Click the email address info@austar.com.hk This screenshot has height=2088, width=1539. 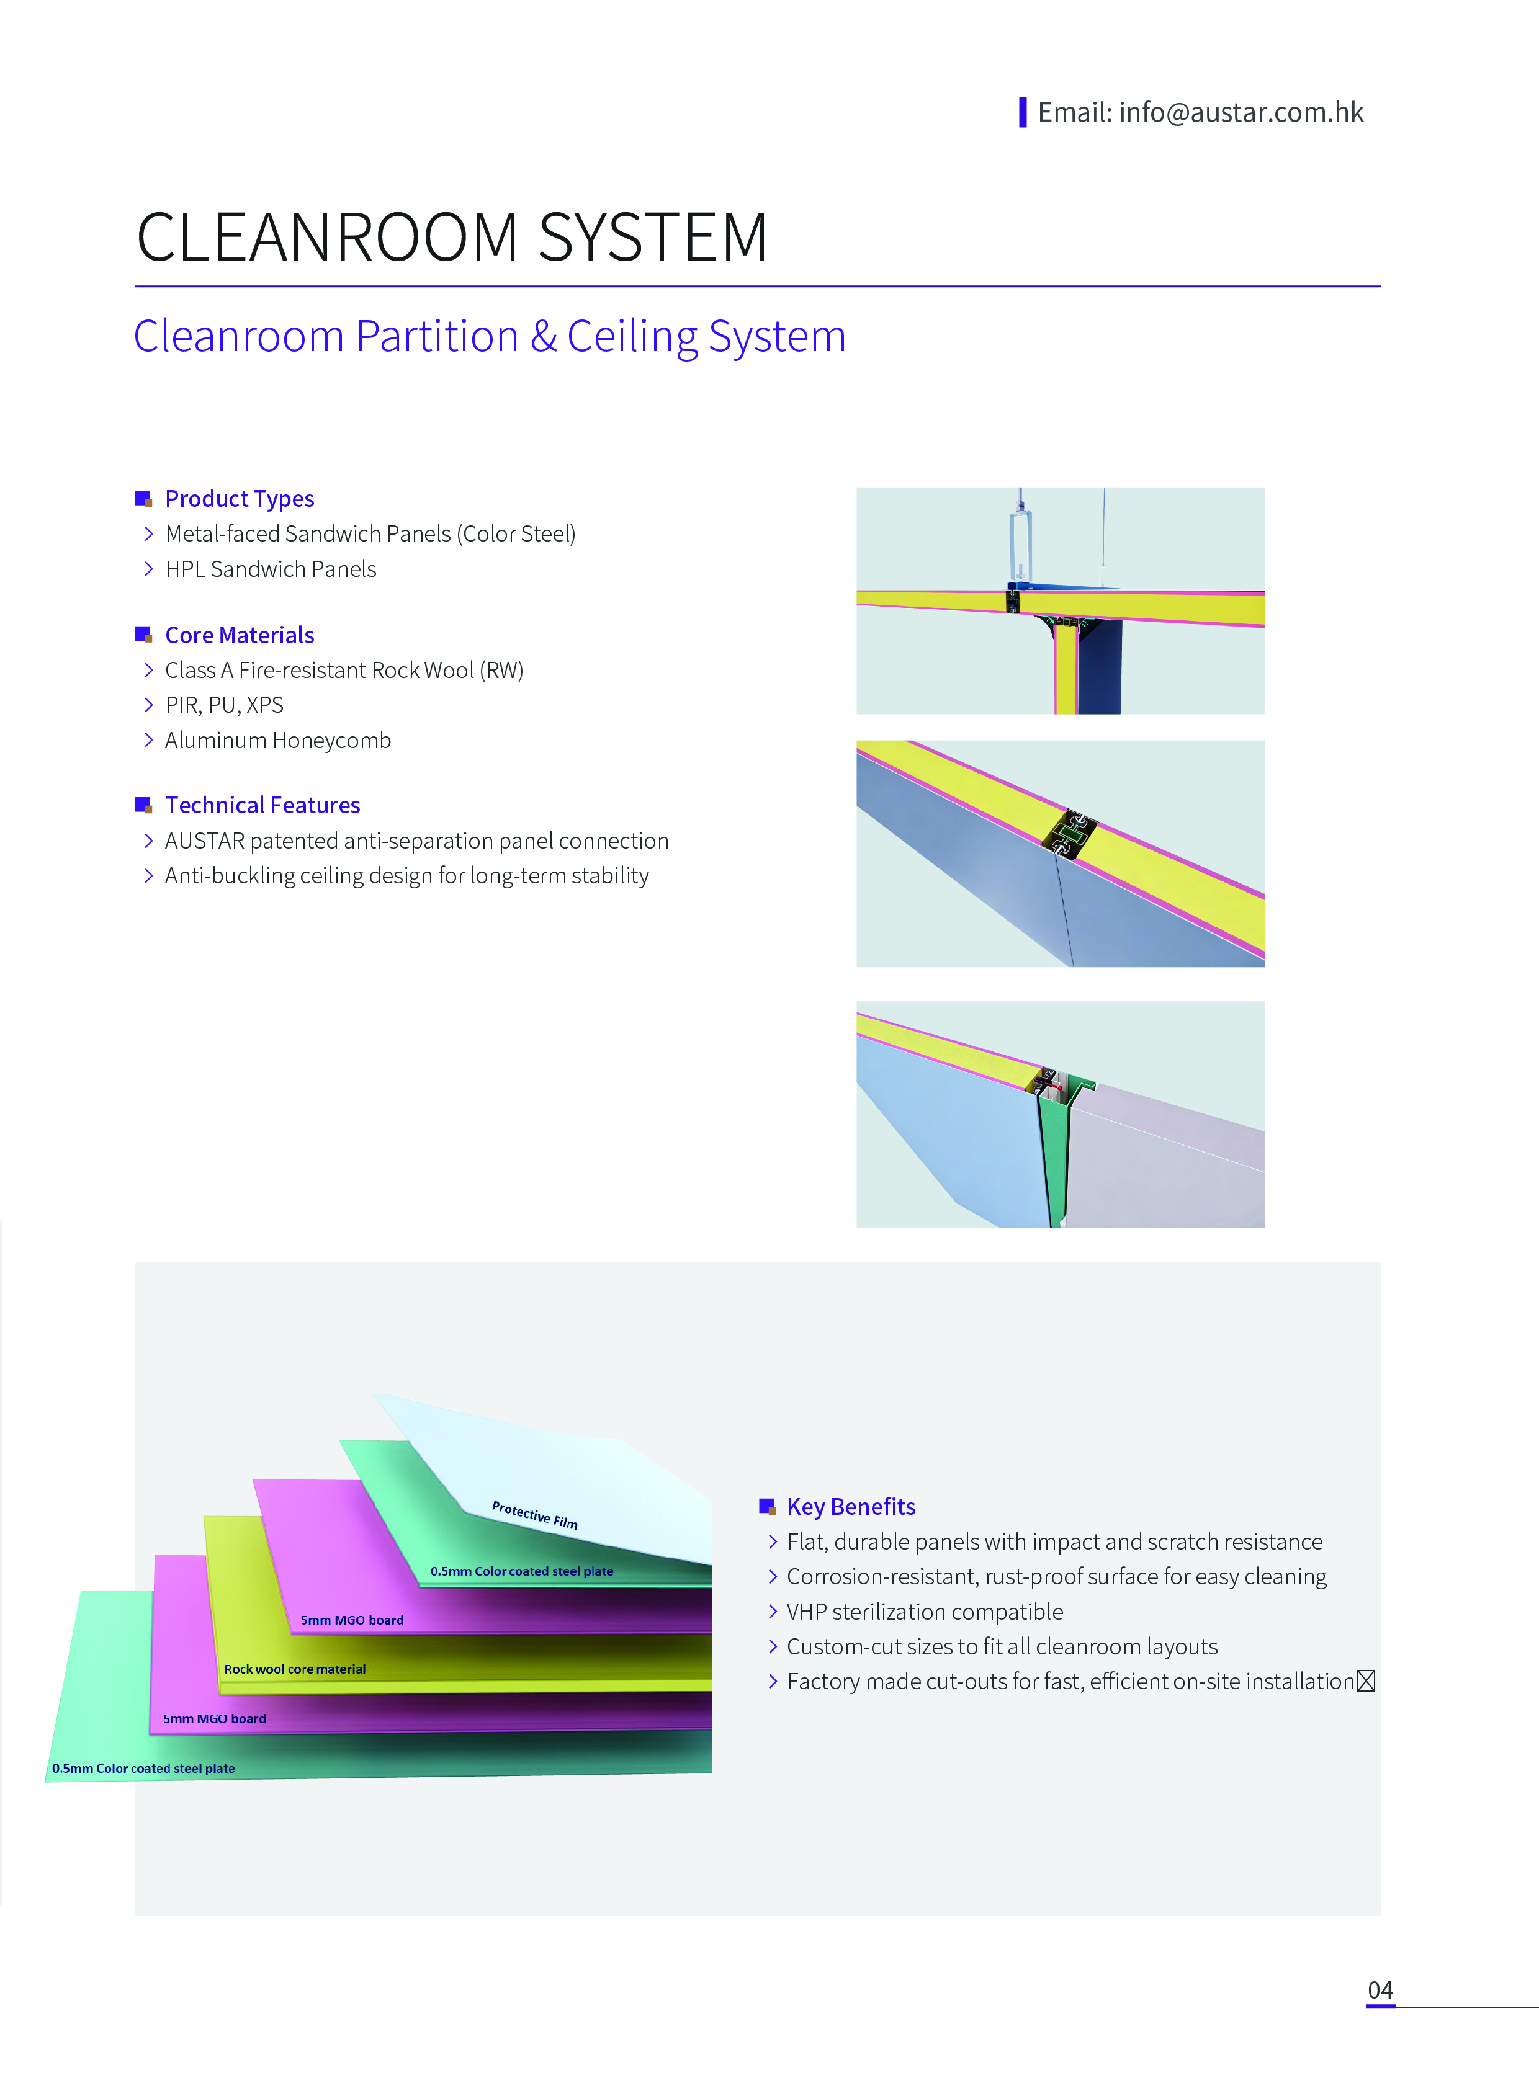[x=1241, y=113]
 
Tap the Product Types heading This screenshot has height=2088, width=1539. [x=240, y=499]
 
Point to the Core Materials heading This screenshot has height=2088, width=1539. [x=240, y=635]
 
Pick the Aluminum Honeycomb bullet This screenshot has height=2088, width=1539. [x=277, y=741]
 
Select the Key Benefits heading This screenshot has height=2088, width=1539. [x=851, y=1507]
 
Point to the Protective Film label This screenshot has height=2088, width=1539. [x=535, y=1515]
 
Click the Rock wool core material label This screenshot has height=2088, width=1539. [x=294, y=1669]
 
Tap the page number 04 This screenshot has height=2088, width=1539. [x=1380, y=1990]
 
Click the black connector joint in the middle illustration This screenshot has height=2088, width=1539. [x=1069, y=834]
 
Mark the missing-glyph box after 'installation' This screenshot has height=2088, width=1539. [x=1366, y=1681]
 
